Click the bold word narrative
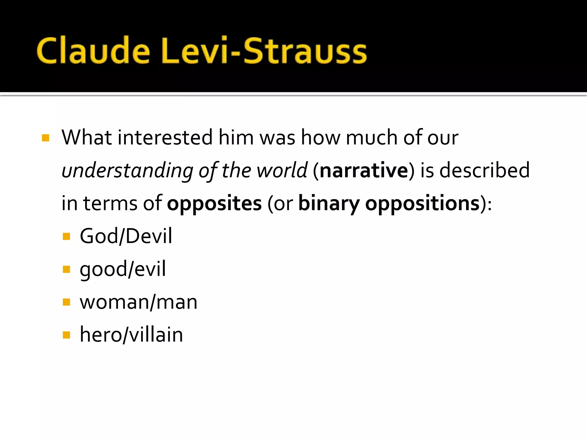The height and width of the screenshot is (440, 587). click(364, 171)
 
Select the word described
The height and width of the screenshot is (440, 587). click(484, 171)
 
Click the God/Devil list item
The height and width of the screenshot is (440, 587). click(126, 236)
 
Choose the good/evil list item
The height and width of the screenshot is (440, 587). click(123, 269)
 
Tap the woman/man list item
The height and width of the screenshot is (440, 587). click(138, 302)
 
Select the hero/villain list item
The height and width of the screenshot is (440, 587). click(131, 335)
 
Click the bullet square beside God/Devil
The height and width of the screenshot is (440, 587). click(66, 237)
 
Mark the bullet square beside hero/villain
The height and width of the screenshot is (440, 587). click(66, 335)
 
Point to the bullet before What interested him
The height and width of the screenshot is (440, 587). click(46, 138)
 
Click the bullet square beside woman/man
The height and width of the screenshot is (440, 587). click(66, 302)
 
